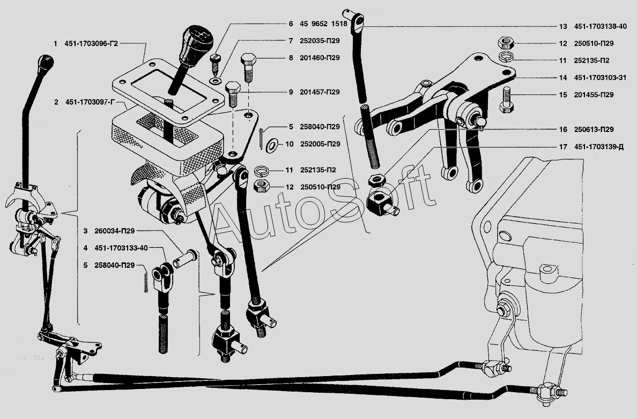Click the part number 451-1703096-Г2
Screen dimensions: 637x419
[91, 43]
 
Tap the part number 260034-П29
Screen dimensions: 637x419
[114, 231]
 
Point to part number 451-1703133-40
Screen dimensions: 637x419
[121, 248]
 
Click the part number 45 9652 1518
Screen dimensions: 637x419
[323, 24]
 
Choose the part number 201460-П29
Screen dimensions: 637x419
[320, 58]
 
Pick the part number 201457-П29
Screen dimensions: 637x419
[320, 92]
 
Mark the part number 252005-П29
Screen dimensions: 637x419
[320, 144]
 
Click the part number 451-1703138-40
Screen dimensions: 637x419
[601, 26]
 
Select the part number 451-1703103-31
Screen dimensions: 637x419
[600, 78]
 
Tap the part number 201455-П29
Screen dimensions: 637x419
[594, 95]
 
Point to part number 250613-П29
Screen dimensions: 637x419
[594, 130]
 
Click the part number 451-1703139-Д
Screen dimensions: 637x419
[599, 146]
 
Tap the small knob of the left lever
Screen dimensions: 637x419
[46, 63]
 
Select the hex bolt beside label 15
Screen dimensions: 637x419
[508, 100]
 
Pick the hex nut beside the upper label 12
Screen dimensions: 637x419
[506, 43]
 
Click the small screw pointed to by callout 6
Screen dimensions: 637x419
[215, 63]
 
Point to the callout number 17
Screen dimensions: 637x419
[562, 146]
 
